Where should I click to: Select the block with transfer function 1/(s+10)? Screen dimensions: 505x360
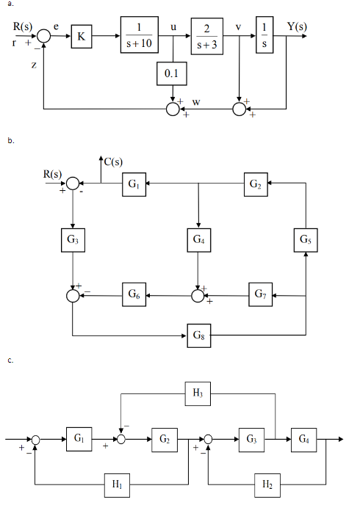pyautogui.click(x=140, y=34)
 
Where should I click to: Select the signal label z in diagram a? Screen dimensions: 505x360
pyautogui.click(x=34, y=65)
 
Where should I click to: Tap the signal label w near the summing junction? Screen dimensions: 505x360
pyautogui.click(x=196, y=101)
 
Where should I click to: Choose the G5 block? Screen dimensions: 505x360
pyautogui.click(x=305, y=239)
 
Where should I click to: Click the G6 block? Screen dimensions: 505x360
pyautogui.click(x=134, y=294)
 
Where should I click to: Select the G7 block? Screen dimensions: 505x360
pyautogui.click(x=259, y=294)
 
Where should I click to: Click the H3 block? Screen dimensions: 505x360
pyautogui.click(x=196, y=393)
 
